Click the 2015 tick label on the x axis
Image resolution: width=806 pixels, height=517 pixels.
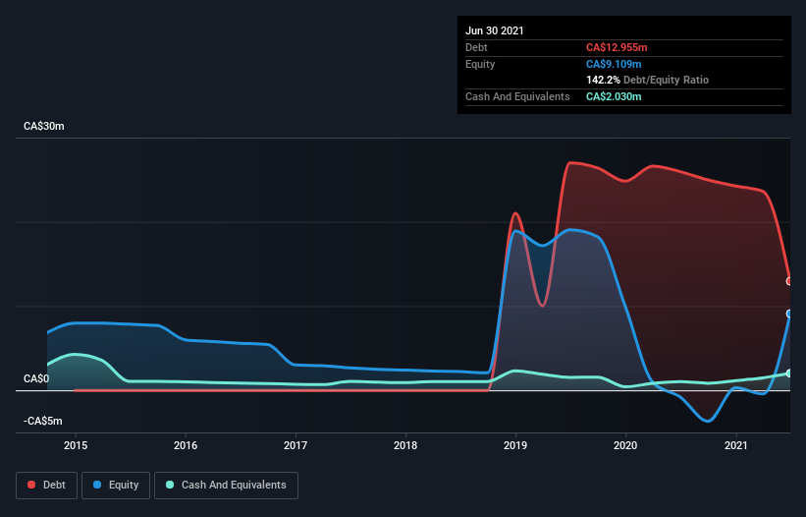(x=76, y=445)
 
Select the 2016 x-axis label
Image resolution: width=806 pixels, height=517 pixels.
(x=186, y=445)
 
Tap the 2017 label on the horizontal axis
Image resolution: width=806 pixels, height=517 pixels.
(x=296, y=445)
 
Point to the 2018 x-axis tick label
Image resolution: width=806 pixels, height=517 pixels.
(x=405, y=445)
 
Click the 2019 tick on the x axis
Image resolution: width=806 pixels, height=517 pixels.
(x=515, y=445)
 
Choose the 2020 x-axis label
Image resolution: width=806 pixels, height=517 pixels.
(x=625, y=445)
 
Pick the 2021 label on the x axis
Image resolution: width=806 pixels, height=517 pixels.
(x=735, y=445)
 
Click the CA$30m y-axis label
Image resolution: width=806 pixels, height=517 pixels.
(x=43, y=127)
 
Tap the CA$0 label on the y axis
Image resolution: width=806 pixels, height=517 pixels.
(x=36, y=378)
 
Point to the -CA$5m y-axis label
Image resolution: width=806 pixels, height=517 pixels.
(x=43, y=421)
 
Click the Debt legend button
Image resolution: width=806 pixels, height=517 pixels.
(x=48, y=485)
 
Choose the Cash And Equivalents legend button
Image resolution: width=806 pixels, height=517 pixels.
(x=226, y=485)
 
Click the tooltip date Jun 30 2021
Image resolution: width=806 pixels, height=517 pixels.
(x=495, y=30)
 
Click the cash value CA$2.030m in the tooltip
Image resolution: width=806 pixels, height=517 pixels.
(x=615, y=96)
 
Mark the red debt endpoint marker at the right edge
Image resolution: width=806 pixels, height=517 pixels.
(x=789, y=281)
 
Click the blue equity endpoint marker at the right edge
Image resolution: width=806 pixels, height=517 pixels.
(x=789, y=314)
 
